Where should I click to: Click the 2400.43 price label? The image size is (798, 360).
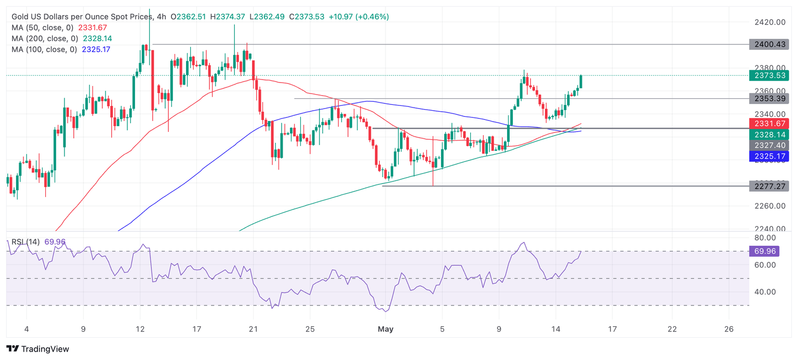(769, 45)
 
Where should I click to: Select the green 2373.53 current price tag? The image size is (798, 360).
(769, 75)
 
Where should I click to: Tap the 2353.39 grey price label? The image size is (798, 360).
(769, 98)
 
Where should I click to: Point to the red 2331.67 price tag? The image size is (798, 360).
(769, 123)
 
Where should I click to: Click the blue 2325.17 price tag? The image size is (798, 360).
(769, 156)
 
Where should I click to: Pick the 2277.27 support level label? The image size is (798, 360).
(769, 186)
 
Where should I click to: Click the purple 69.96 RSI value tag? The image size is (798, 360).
(769, 251)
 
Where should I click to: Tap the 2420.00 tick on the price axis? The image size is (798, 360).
(769, 22)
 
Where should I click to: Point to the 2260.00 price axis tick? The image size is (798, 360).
(769, 206)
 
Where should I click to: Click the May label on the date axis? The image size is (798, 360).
(385, 329)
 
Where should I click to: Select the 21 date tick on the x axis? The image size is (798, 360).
(253, 329)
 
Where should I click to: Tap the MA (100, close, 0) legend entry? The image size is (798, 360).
(45, 49)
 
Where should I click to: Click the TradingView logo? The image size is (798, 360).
(37, 349)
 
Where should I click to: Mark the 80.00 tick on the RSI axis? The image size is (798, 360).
(765, 238)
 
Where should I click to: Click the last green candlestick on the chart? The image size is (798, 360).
(581, 82)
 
